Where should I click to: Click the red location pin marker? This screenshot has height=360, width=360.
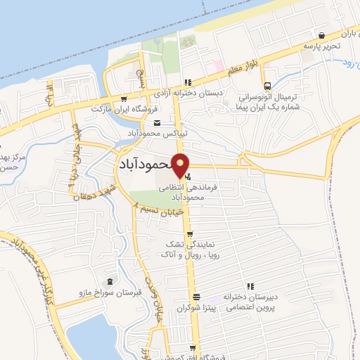(181, 165)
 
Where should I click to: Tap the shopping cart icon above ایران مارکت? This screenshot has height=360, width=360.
(124, 99)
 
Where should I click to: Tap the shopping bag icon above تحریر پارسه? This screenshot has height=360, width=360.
(321, 35)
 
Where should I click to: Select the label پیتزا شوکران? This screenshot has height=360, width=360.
(195, 308)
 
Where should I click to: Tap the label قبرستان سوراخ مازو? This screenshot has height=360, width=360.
(108, 294)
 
